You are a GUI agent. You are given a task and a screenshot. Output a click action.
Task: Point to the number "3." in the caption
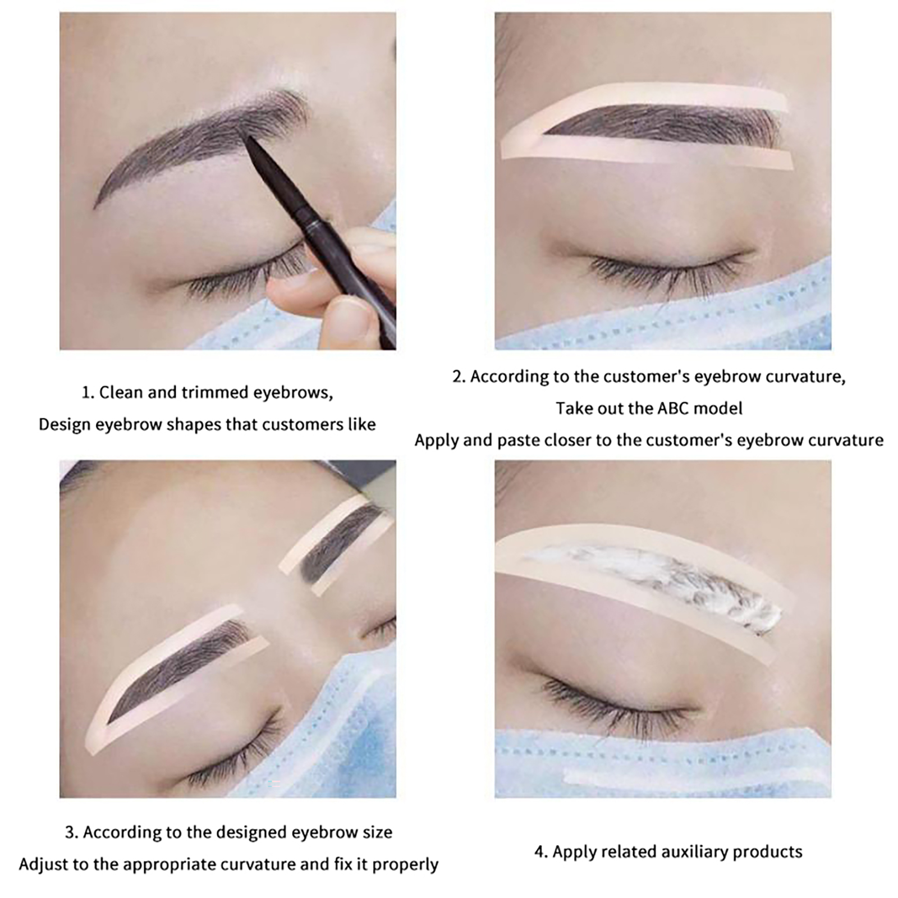(x=72, y=832)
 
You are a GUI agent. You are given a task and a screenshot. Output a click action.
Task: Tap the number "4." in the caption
(x=540, y=852)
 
